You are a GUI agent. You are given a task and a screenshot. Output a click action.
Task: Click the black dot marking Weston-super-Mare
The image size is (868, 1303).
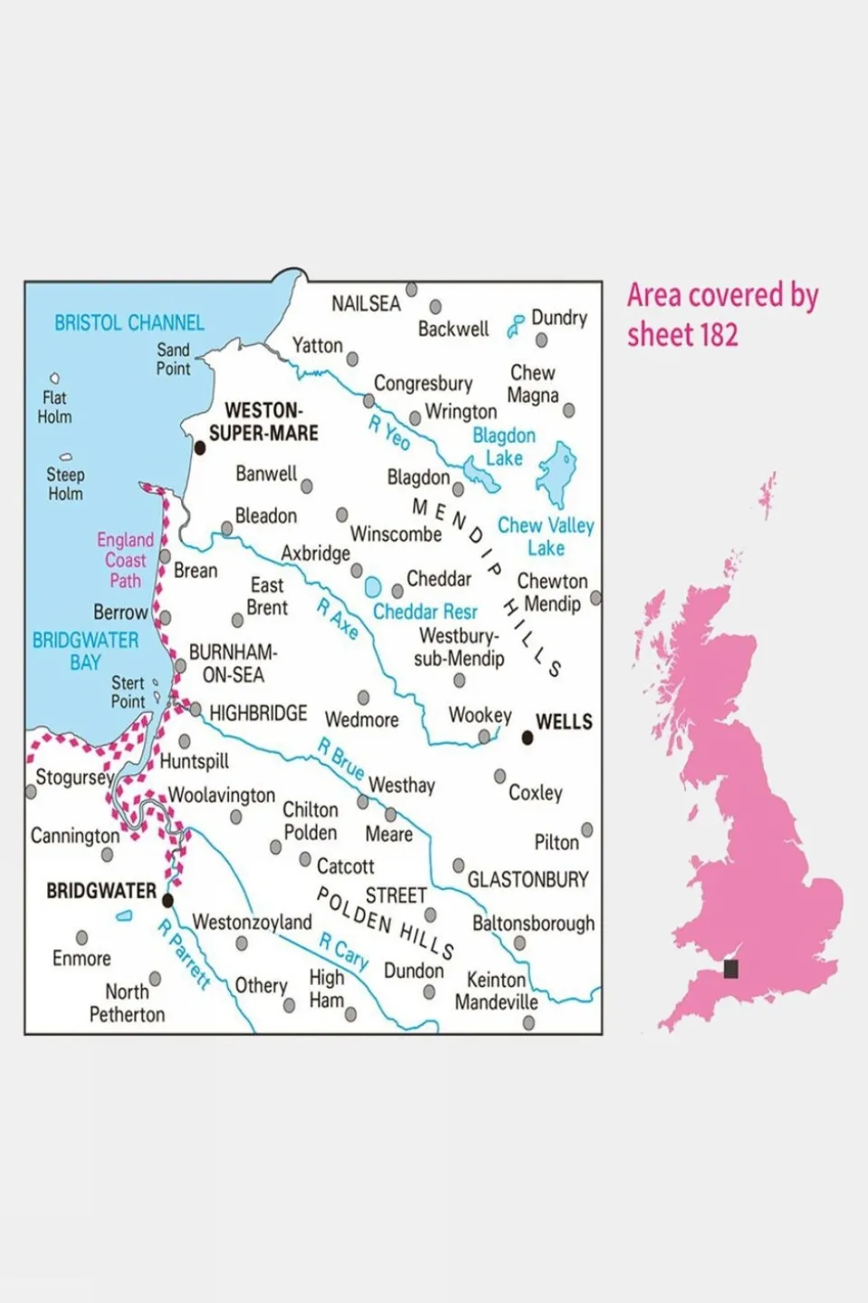tap(200, 447)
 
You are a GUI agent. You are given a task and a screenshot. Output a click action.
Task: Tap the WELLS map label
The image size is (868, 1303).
tap(563, 722)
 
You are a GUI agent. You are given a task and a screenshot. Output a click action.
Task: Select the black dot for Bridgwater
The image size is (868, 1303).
tap(167, 900)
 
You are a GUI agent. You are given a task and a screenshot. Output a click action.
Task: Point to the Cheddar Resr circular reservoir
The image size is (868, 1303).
tap(372, 587)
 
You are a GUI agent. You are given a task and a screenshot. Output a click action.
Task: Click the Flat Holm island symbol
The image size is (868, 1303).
tap(54, 378)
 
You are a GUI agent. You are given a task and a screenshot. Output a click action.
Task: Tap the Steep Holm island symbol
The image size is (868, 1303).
tap(65, 457)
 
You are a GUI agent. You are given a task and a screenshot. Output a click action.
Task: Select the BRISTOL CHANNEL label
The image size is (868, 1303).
tap(129, 323)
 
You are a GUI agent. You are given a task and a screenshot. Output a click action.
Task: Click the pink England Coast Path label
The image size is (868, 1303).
tap(125, 560)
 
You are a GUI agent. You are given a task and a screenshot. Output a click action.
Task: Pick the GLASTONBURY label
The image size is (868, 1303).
tap(527, 879)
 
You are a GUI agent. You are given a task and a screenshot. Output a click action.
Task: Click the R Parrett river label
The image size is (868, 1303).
tap(184, 954)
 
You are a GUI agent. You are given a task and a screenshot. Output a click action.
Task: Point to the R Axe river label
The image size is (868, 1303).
tap(337, 619)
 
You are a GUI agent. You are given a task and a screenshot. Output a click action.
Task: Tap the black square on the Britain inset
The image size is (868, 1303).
tap(730, 969)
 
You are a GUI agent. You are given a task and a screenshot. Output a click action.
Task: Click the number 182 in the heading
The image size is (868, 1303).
tap(717, 335)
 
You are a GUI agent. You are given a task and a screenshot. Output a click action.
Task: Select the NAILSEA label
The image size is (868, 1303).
tap(366, 303)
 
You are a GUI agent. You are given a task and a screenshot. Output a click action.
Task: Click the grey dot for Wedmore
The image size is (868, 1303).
tap(363, 697)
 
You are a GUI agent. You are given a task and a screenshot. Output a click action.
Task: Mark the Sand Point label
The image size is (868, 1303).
tap(173, 359)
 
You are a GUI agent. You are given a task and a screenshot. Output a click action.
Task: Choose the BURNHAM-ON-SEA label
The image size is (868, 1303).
tap(233, 664)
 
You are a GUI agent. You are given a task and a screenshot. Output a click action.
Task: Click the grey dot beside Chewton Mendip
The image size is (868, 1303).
tap(596, 598)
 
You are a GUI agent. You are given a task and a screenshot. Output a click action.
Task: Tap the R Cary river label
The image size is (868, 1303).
tap(344, 953)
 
